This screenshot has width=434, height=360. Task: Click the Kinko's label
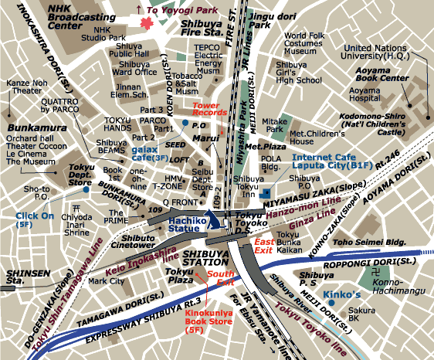pyautogui.click(x=342, y=295)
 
